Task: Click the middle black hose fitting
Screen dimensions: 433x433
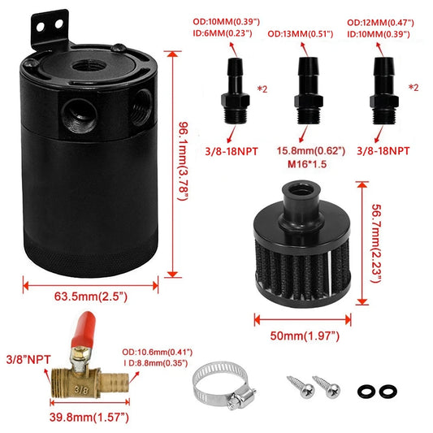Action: (308, 80)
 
